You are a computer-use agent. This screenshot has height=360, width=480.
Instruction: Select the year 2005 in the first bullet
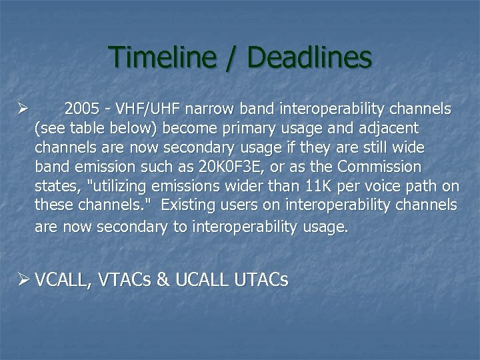click(83, 109)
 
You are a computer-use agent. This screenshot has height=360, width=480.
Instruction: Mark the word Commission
click(381, 166)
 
